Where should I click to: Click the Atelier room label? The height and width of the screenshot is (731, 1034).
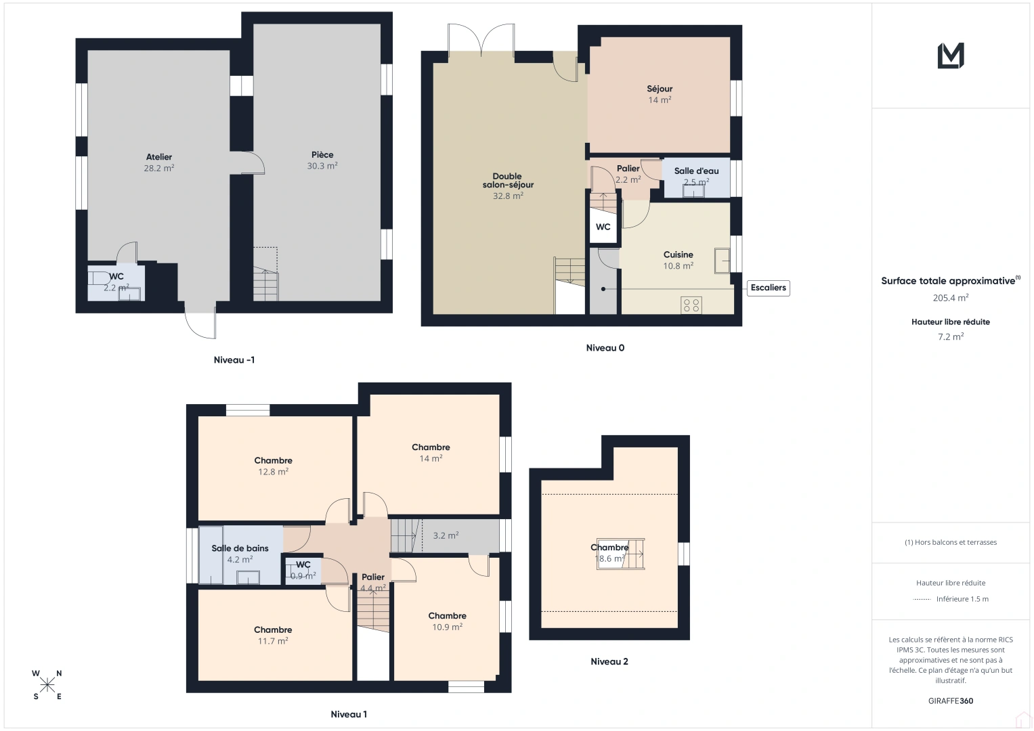pyautogui.click(x=159, y=157)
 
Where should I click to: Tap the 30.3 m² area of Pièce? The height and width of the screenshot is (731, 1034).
pyautogui.click(x=322, y=166)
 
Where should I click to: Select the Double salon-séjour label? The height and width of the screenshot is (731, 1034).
pyautogui.click(x=508, y=181)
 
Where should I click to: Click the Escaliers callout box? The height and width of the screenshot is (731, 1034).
pyautogui.click(x=768, y=288)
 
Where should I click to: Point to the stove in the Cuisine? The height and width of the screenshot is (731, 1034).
pyautogui.click(x=691, y=305)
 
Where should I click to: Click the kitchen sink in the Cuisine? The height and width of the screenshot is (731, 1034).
pyautogui.click(x=722, y=261)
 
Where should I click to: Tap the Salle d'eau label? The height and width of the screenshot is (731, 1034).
pyautogui.click(x=696, y=171)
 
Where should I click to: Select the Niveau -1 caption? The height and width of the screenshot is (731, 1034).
pyautogui.click(x=234, y=360)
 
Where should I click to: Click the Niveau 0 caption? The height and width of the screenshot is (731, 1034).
pyautogui.click(x=605, y=348)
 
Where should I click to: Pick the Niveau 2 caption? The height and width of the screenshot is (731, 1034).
pyautogui.click(x=609, y=661)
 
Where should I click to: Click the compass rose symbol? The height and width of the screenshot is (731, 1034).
pyautogui.click(x=47, y=685)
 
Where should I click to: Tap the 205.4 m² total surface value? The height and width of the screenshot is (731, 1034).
pyautogui.click(x=951, y=298)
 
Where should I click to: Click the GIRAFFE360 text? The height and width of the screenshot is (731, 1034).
pyautogui.click(x=951, y=701)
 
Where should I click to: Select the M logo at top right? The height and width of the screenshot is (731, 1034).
pyautogui.click(x=951, y=56)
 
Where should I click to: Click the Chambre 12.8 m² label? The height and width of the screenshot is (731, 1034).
pyautogui.click(x=274, y=460)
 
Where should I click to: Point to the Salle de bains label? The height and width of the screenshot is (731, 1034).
pyautogui.click(x=240, y=548)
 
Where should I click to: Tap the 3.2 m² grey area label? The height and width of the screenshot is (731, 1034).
pyautogui.click(x=446, y=535)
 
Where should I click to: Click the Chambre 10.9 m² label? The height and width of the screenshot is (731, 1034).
pyautogui.click(x=447, y=616)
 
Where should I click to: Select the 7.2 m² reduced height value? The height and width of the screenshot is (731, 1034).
pyautogui.click(x=951, y=336)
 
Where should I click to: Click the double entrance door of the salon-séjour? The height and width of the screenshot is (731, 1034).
pyautogui.click(x=481, y=41)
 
